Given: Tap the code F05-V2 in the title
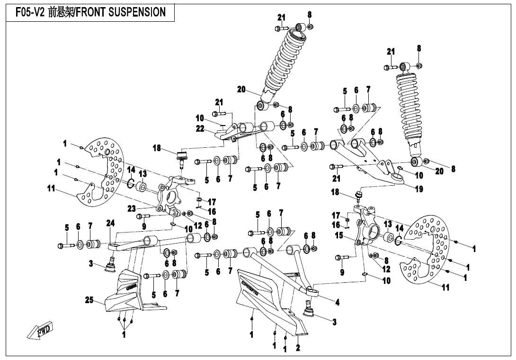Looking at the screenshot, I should coord(30,12).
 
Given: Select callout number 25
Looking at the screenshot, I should coord(89,300).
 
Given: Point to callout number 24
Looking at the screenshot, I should coord(110,223).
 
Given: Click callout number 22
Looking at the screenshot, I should coord(200,128).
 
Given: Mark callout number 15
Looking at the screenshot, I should coord(339,235).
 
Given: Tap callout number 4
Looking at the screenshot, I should coord(337,302).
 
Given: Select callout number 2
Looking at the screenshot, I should coord(298,348).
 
